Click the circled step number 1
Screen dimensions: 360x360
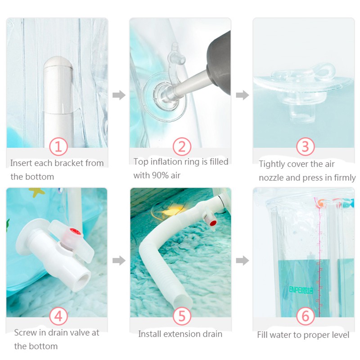click(58, 147)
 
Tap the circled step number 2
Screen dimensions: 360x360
click(182, 147)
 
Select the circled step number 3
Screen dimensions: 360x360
click(305, 147)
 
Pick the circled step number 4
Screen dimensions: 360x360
click(58, 316)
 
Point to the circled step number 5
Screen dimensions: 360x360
click(182, 316)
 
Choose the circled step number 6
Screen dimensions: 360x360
click(305, 316)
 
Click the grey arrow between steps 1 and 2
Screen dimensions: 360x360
click(119, 95)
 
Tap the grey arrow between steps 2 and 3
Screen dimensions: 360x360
click(243, 95)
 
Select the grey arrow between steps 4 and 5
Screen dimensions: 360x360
click(119, 261)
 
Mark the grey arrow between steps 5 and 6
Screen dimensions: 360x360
click(243, 261)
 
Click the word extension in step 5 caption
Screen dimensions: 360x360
click(177, 334)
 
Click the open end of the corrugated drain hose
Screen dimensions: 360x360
click(183, 301)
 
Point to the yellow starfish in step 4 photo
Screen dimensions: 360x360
click(36, 192)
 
